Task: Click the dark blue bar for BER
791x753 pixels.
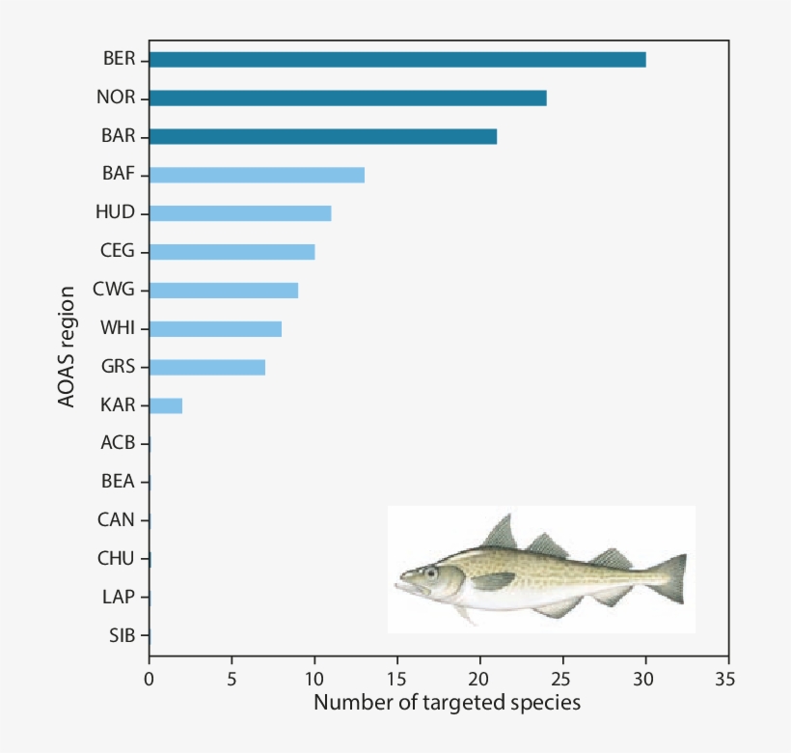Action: coord(397,60)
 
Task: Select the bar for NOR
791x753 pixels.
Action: coord(348,98)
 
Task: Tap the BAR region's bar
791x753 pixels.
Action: coord(323,136)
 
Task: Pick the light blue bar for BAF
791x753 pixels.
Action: coord(257,175)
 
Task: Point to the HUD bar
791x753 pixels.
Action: coord(240,213)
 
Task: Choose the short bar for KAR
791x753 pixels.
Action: coord(166,405)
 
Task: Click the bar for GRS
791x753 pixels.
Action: coord(207,367)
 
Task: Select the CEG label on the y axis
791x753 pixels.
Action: coord(118,251)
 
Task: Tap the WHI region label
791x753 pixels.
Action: coord(118,328)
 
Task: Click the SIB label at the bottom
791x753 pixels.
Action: coord(122,635)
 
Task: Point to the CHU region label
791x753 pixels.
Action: coord(117,558)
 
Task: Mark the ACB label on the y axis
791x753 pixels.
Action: coord(118,443)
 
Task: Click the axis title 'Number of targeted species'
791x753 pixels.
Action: coord(447,703)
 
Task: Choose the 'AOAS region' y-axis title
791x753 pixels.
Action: coord(67,345)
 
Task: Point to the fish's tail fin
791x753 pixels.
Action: coord(671,577)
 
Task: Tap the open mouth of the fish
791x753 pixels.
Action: coord(403,585)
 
